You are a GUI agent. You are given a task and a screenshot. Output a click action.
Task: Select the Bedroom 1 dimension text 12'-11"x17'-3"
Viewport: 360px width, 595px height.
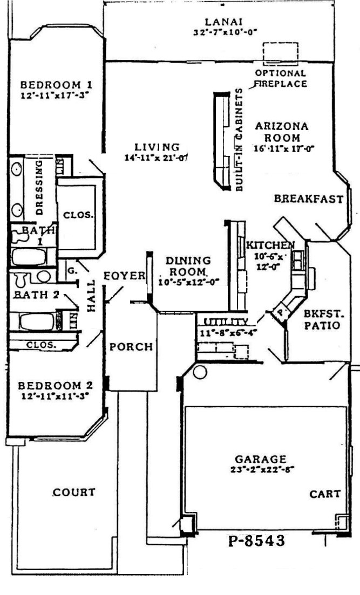tap(53, 94)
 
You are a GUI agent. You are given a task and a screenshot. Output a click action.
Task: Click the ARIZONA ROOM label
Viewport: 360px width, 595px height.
tap(282, 132)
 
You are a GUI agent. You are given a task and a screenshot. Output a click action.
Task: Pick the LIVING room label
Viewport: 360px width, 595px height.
tap(157, 147)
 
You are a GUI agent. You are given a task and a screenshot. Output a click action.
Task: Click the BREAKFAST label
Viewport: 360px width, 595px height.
tap(308, 199)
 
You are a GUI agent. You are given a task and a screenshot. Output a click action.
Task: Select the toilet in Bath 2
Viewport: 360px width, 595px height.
tap(22, 278)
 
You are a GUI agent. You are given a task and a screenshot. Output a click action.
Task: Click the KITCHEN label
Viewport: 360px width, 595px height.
tap(270, 245)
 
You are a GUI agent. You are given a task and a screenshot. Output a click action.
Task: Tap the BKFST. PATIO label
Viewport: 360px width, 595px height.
tap(321, 319)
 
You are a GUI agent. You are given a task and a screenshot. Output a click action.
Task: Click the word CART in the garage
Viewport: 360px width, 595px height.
tap(325, 494)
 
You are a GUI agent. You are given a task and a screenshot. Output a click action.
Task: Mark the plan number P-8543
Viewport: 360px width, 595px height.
tap(256, 541)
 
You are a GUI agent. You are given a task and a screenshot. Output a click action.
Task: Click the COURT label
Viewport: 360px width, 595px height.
tap(74, 492)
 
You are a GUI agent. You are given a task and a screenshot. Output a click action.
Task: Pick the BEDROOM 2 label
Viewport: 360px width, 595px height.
tap(55, 386)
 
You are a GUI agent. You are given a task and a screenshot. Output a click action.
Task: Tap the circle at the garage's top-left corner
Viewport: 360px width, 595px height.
tap(199, 371)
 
